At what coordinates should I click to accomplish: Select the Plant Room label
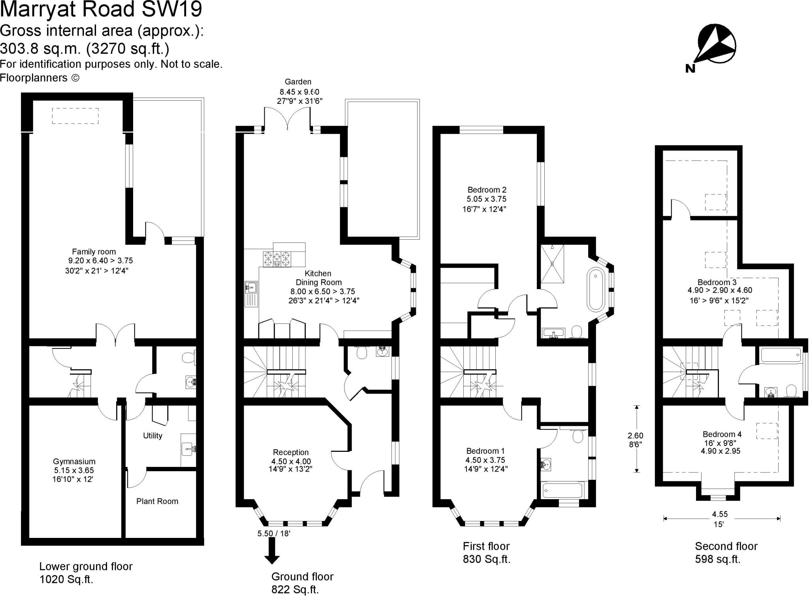pyautogui.click(x=157, y=501)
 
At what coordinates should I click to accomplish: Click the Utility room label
pyautogui.click(x=152, y=436)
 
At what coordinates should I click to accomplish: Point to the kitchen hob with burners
pyautogui.click(x=277, y=259)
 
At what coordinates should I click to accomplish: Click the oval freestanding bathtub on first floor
pyautogui.click(x=596, y=290)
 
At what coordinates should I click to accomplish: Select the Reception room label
pyautogui.click(x=291, y=452)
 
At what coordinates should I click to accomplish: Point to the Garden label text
pyautogui.click(x=298, y=82)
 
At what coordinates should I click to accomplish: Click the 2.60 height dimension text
pyautogui.click(x=636, y=436)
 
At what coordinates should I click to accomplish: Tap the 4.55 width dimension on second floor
pyautogui.click(x=720, y=514)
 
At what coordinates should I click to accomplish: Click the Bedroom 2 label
pyautogui.click(x=487, y=190)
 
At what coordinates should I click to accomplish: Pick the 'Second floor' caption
pyautogui.click(x=726, y=546)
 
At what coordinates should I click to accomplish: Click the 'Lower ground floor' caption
pyautogui.click(x=86, y=566)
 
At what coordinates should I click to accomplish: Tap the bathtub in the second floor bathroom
pyautogui.click(x=781, y=355)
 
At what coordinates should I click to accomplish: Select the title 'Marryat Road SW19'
pyautogui.click(x=101, y=9)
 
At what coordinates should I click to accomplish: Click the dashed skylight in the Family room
pyautogui.click(x=75, y=116)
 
